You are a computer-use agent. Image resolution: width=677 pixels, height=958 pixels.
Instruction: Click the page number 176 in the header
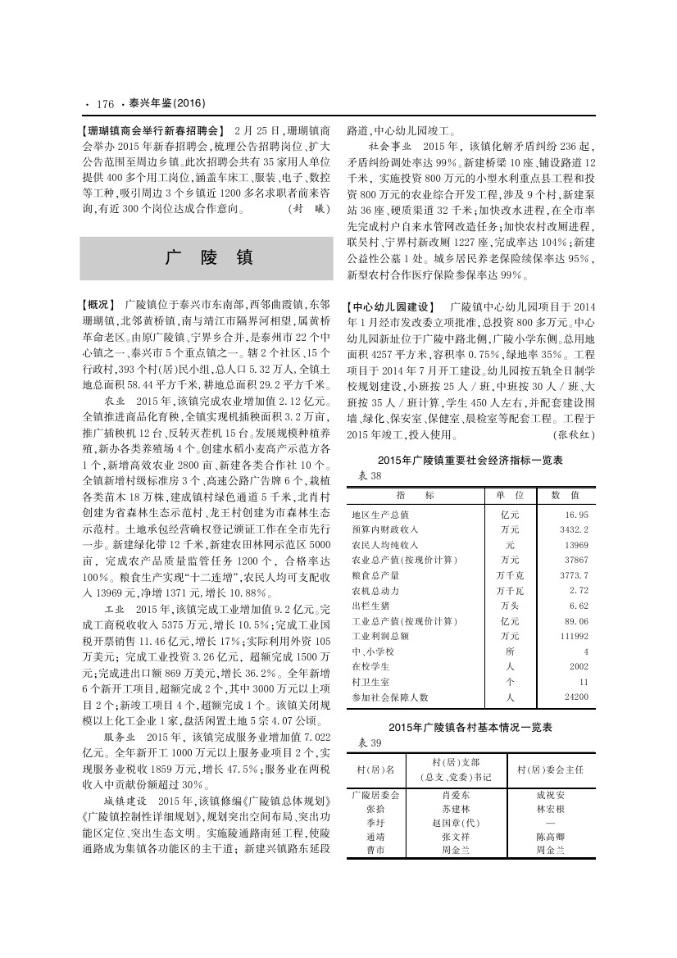coord(105,104)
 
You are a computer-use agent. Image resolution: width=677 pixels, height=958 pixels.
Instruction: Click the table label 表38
coord(370,476)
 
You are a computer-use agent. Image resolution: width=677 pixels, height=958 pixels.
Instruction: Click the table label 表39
coord(370,742)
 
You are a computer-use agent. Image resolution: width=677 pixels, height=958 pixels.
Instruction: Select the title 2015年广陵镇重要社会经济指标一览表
coord(470,461)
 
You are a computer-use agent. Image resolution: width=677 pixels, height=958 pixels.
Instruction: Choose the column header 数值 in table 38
coord(565,495)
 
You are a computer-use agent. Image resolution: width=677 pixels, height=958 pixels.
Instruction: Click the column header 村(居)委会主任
coord(549,770)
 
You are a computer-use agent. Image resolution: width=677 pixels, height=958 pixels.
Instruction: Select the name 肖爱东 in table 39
coord(456,795)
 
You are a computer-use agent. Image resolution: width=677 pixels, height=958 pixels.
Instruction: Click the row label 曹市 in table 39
coord(375,851)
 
